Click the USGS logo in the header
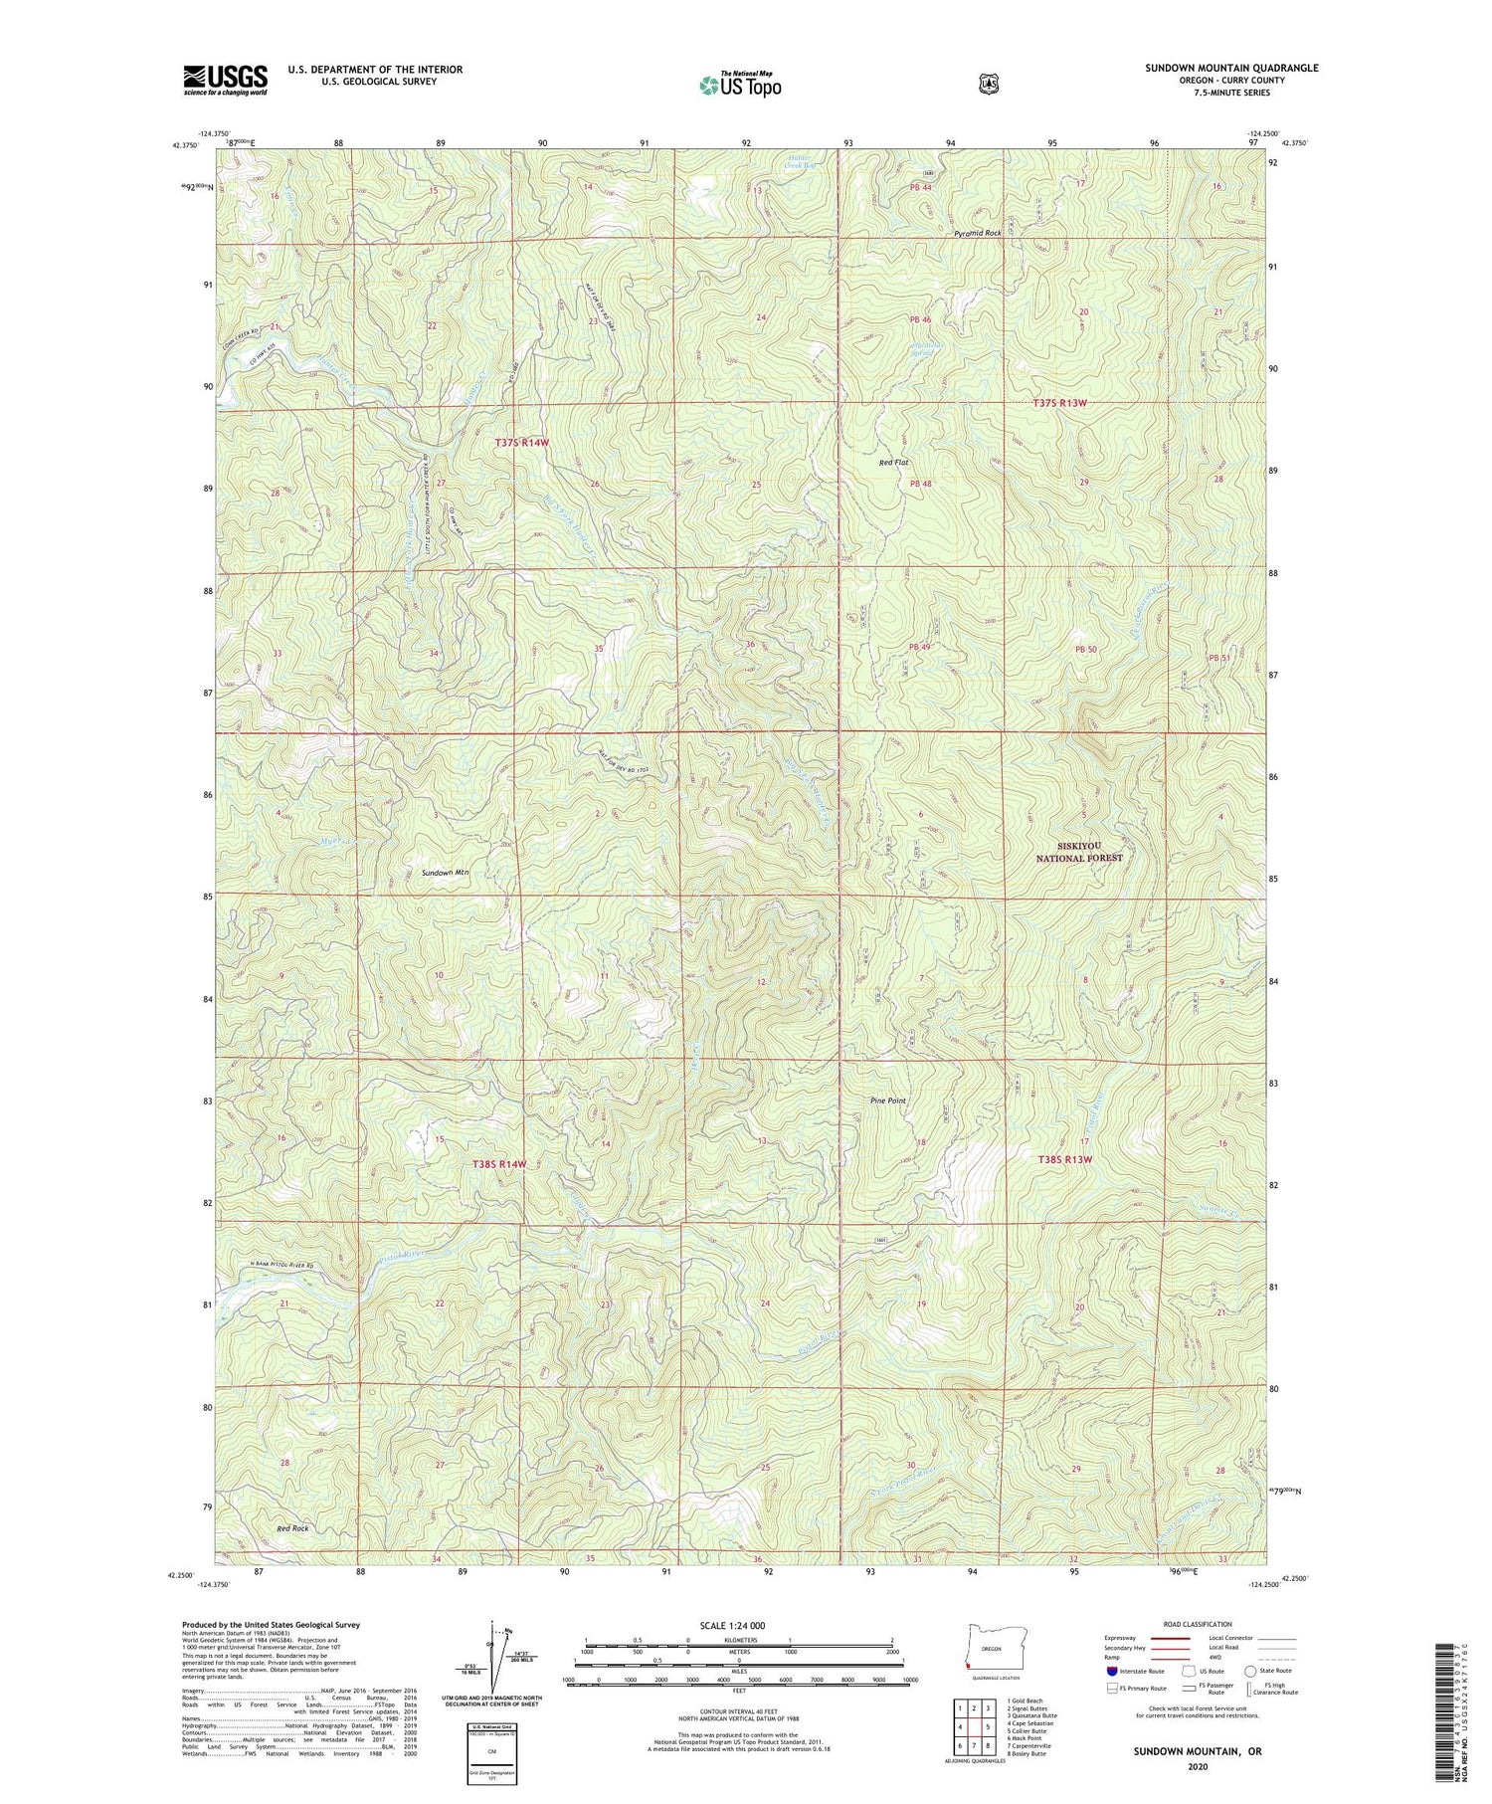[x=225, y=80]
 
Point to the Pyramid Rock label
[x=977, y=233]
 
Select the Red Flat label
[x=893, y=463]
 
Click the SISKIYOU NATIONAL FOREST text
[x=1079, y=852]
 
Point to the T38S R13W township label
[x=1064, y=1159]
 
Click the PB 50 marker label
[x=1085, y=650]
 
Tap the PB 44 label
[x=919, y=188]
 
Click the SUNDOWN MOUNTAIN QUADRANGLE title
[x=1231, y=68]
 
